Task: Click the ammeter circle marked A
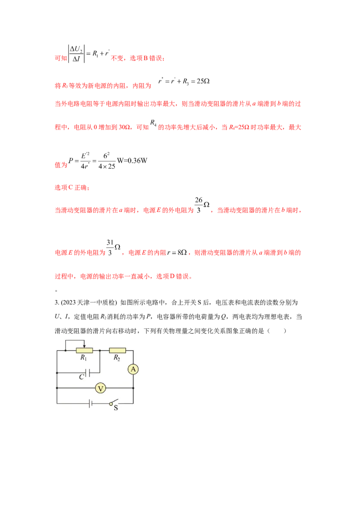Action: click(133, 369)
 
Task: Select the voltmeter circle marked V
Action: click(101, 388)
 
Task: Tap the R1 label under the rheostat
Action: click(84, 358)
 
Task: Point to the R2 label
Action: click(117, 358)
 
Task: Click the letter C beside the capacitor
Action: click(81, 377)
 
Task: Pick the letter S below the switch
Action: click(116, 408)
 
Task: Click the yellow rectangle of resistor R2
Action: click(117, 350)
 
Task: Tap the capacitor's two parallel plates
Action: click(88, 373)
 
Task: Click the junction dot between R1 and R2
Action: click(99, 350)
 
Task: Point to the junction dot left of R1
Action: click(66, 350)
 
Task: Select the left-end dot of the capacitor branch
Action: click(57, 373)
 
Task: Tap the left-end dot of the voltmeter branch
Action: click(57, 388)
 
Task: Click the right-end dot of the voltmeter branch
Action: click(133, 388)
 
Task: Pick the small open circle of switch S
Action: click(111, 404)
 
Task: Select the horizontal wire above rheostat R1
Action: click(74, 340)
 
